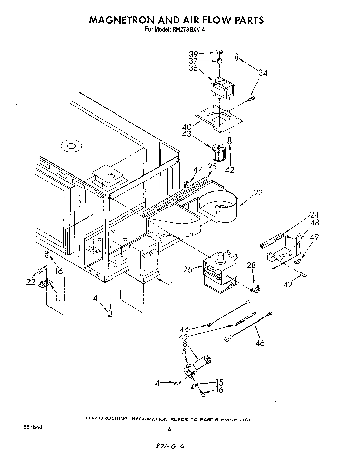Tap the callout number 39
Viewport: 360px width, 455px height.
[x=194, y=54]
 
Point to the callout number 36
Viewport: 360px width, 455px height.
[x=194, y=68]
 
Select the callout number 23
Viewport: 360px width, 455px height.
[x=258, y=193]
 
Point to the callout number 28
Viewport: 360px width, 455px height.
[x=251, y=265]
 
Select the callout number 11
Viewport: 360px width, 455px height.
[x=58, y=297]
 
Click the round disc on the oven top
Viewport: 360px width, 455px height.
[x=71, y=146]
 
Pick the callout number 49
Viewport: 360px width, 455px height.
[x=314, y=237]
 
